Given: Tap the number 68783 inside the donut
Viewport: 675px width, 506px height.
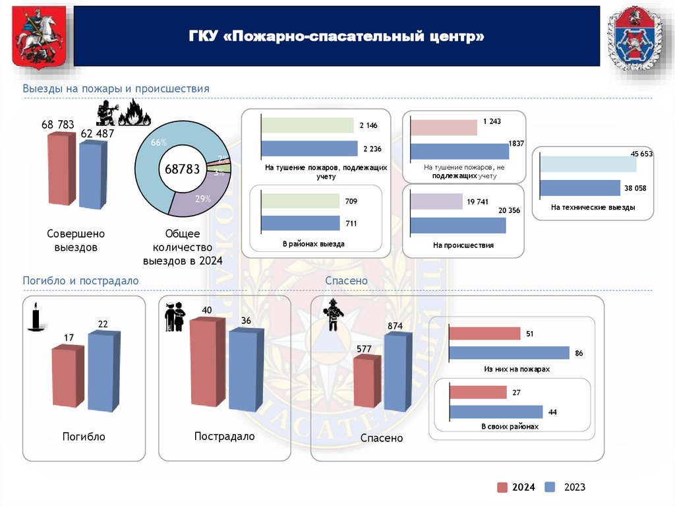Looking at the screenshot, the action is coord(182,169).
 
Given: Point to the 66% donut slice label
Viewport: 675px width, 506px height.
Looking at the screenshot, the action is coord(158,143).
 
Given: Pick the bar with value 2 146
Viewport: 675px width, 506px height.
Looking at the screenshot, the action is coord(308,125).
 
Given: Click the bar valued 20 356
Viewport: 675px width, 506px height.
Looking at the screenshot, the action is coord(457,225).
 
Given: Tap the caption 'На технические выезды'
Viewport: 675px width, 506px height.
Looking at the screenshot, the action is coord(593,208).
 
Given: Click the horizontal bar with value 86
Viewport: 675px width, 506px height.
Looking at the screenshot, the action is coord(509,353).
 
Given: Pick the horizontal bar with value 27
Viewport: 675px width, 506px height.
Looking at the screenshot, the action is coord(478,393).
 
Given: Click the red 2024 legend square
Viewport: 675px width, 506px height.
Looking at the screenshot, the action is coord(502,488).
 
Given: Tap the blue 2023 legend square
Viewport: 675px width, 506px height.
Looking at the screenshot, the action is coord(550,488).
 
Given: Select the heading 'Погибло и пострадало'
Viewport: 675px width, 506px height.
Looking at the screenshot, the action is coord(80,280).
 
